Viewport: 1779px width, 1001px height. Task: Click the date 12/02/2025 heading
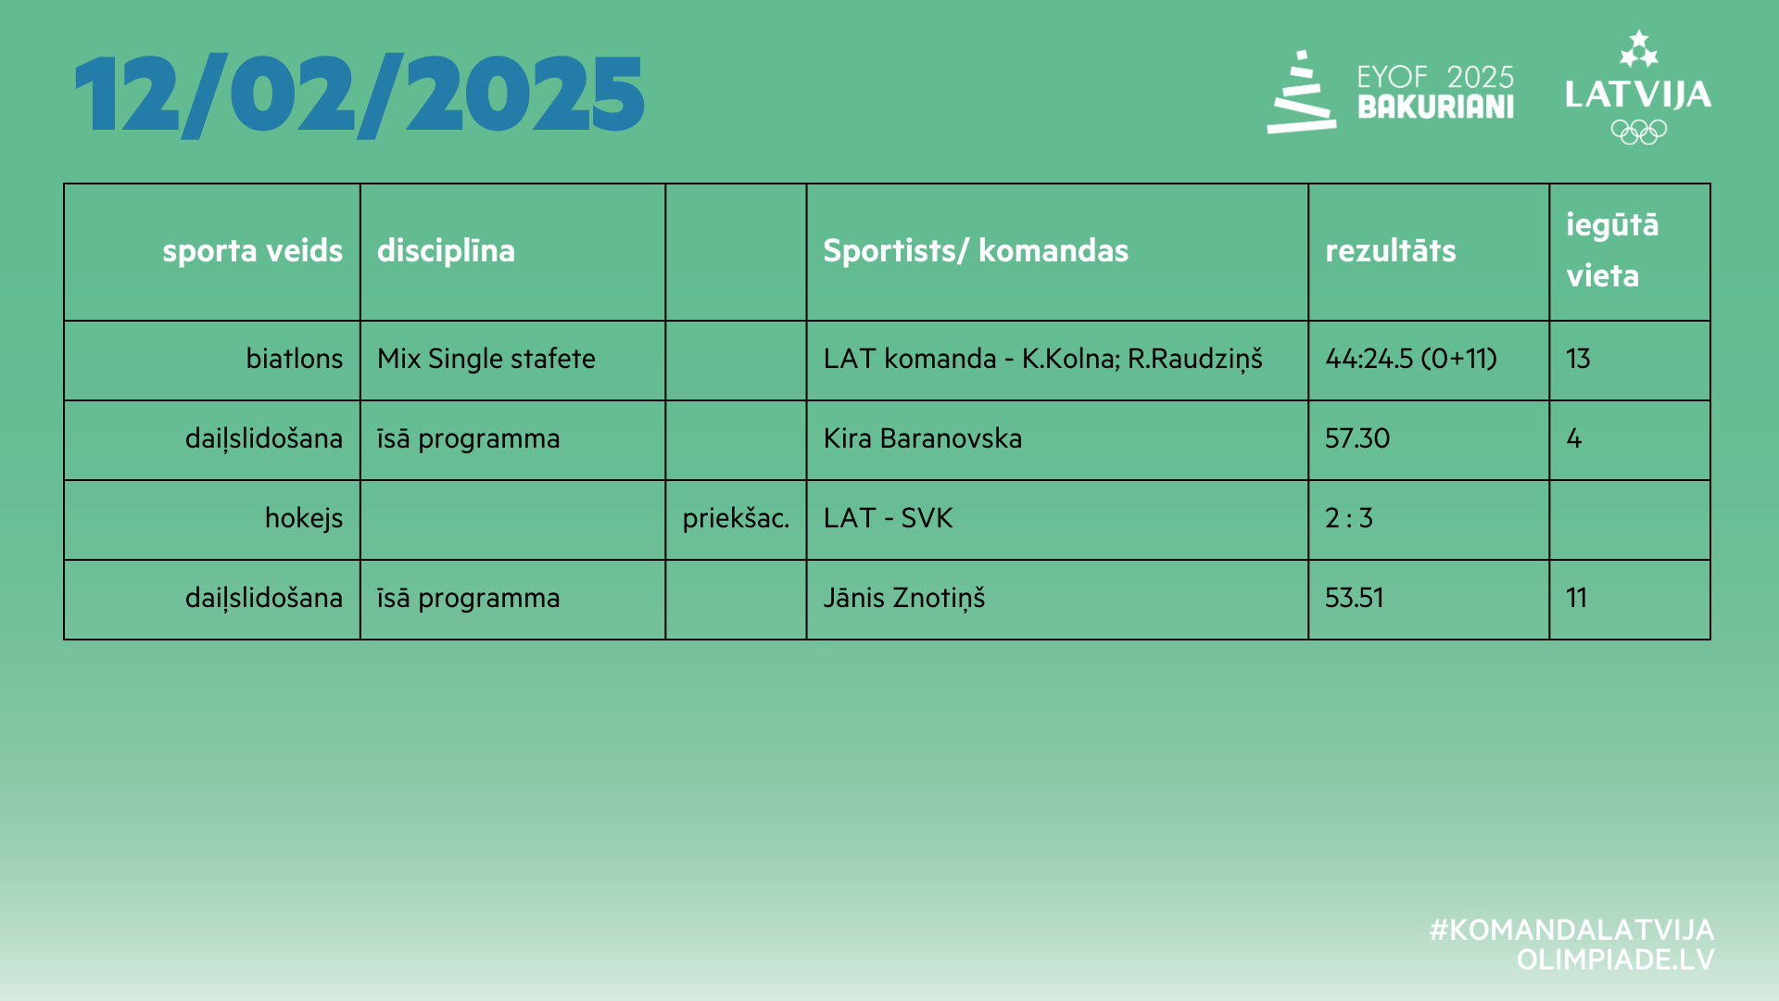[x=360, y=95]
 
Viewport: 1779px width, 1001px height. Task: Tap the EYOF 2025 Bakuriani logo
[x=1390, y=92]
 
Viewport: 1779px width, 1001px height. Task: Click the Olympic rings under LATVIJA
[x=1638, y=132]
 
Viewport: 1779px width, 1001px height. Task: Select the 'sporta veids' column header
[x=252, y=251]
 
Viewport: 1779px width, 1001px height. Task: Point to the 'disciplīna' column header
[x=446, y=251]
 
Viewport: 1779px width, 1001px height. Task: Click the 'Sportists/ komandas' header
[x=976, y=251]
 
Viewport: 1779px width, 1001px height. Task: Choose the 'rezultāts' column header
[x=1390, y=251]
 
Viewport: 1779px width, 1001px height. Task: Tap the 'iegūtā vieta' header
[x=1612, y=250]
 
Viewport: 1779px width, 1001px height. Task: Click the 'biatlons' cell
[x=294, y=359]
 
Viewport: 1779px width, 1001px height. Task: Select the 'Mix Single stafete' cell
[x=486, y=359]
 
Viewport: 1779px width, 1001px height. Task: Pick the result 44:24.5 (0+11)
[x=1410, y=359]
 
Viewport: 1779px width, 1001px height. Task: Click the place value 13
[x=1578, y=359]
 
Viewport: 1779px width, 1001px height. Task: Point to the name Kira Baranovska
[x=922, y=438]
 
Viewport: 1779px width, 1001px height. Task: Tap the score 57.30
[x=1357, y=438]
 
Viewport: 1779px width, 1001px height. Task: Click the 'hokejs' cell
[x=303, y=518]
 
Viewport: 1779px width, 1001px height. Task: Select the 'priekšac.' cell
[x=736, y=518]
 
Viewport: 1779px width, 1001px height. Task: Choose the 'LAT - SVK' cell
[x=888, y=518]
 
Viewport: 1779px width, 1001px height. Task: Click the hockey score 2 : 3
[x=1348, y=518]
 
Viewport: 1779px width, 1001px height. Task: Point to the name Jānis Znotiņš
[x=903, y=598]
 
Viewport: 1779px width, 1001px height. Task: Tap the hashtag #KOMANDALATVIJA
[x=1571, y=930]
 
